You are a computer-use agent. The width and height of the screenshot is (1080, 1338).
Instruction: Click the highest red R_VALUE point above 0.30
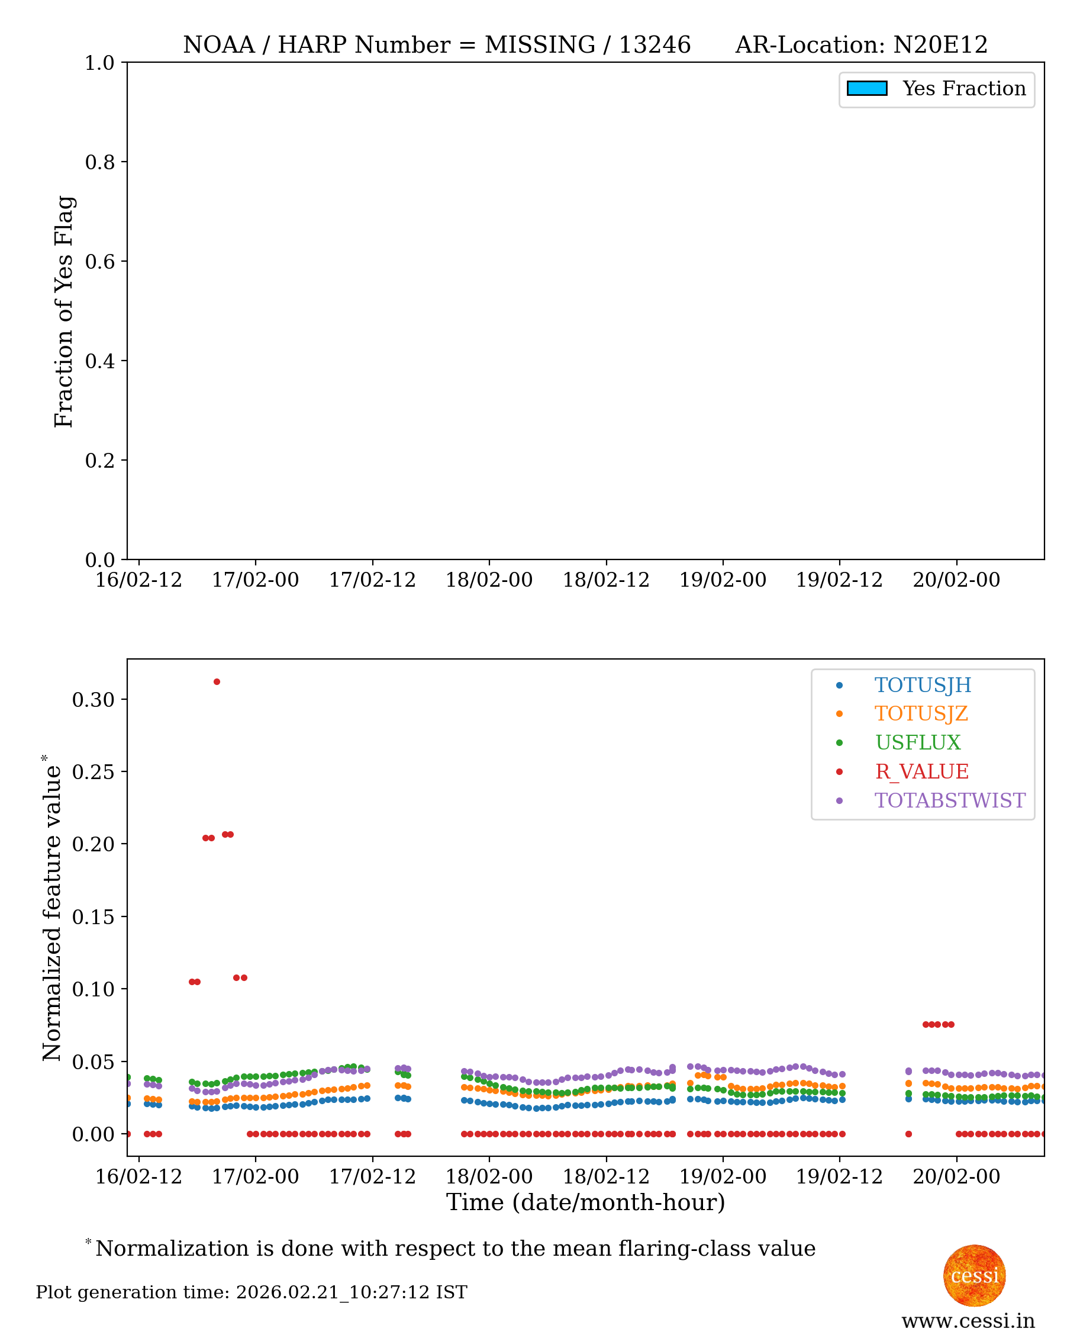pos(217,682)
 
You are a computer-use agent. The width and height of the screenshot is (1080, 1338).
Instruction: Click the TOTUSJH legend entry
pos(922,685)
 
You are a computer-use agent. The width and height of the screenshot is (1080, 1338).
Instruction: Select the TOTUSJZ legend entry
pos(921,714)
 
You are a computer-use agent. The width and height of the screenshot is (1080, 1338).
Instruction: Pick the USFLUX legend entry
pos(918,742)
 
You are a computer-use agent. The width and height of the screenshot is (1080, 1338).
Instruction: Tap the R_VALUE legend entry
pos(921,771)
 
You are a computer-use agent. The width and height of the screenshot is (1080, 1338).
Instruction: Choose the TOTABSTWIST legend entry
pos(949,800)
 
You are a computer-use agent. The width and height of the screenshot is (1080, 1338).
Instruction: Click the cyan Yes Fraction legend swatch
pos(866,88)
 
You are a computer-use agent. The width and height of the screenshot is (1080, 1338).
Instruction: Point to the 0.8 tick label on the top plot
pos(99,162)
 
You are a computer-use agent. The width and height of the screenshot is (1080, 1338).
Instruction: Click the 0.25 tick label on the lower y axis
pos(94,771)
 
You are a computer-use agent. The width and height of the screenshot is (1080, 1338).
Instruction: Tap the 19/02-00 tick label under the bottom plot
pos(723,1177)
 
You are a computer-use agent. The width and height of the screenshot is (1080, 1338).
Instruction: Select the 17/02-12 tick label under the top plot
pos(372,580)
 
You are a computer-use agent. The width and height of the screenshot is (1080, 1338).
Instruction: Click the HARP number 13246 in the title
pos(655,45)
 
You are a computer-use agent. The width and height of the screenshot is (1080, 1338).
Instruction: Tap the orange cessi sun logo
pos(973,1275)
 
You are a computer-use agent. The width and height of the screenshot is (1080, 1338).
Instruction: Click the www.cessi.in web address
pos(968,1321)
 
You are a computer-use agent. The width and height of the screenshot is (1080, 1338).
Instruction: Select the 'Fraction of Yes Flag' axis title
pos(63,311)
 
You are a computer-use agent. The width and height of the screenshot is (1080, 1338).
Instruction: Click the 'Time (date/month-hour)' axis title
pos(585,1202)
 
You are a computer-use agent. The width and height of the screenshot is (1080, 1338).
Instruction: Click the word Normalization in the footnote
pos(172,1249)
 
